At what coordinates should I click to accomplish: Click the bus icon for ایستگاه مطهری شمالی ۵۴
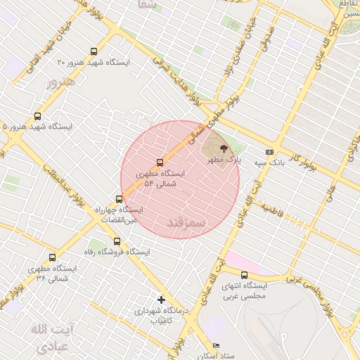tap(160, 162)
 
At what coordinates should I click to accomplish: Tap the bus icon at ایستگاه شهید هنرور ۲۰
tap(94, 51)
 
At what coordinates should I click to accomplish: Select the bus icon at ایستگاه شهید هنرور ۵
tap(37, 117)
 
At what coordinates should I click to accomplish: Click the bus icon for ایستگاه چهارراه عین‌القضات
tap(119, 199)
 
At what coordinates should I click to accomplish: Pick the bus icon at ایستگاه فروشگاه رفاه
tap(117, 241)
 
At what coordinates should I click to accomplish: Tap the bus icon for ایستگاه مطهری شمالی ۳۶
tap(52, 258)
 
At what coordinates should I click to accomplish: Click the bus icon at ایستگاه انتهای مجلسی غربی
tap(244, 275)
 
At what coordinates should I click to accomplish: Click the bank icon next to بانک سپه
tap(269, 152)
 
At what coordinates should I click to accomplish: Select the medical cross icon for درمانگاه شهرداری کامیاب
tap(161, 300)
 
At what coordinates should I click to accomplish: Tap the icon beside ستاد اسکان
tap(216, 345)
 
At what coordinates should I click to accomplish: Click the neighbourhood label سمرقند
tap(186, 222)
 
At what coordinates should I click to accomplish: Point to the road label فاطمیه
tap(271, 209)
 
